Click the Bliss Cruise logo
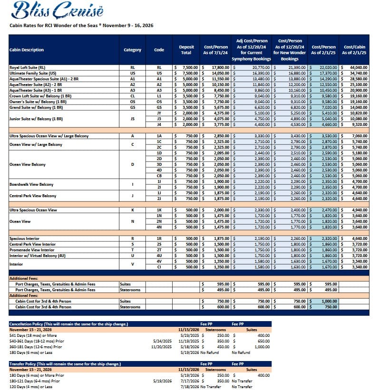pyautogui.click(x=54, y=11)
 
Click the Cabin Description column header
pyautogui.click(x=27, y=50)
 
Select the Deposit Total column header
pyautogui.click(x=186, y=50)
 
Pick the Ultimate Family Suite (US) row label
pyautogui.click(x=33, y=73)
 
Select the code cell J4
pyautogui.click(x=159, y=124)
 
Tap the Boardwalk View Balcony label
pyautogui.click(x=32, y=184)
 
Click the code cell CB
pyautogui.click(x=159, y=176)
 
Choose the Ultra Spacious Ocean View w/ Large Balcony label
pyautogui.click(x=49, y=136)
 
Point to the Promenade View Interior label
pyautogui.click(x=32, y=249)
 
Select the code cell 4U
pyautogui.click(x=159, y=255)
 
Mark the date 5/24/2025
pyautogui.click(x=163, y=341)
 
